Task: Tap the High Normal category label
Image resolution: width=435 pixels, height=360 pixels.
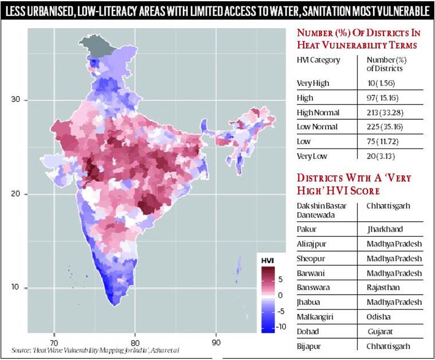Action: (317, 112)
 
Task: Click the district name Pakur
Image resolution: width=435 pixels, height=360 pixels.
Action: (307, 229)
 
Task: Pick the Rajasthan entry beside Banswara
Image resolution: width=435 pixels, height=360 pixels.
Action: (386, 288)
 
